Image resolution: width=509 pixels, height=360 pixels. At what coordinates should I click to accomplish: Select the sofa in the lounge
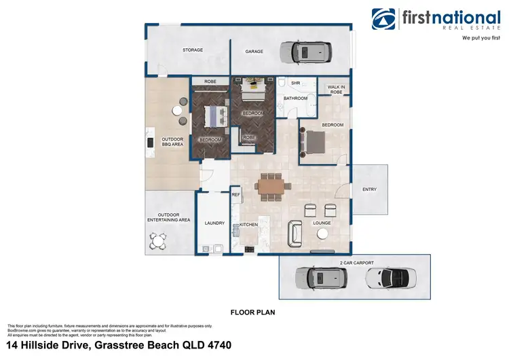296,233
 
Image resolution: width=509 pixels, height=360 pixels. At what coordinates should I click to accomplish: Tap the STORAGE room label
193,50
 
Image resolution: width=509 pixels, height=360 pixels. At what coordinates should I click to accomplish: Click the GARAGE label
254,51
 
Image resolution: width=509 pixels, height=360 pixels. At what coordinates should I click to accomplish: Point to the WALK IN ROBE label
337,88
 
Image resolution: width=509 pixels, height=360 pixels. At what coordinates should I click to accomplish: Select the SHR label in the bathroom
295,83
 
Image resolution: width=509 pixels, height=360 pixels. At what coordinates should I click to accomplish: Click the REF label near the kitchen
236,195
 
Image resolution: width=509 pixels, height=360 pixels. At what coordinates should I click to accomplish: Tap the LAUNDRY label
214,223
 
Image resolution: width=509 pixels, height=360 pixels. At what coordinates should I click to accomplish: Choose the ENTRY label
370,190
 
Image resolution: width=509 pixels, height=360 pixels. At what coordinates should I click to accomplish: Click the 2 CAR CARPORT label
356,262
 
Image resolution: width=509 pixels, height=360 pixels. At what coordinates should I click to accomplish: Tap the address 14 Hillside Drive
119,345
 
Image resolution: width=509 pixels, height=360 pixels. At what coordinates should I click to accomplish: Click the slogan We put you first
481,38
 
